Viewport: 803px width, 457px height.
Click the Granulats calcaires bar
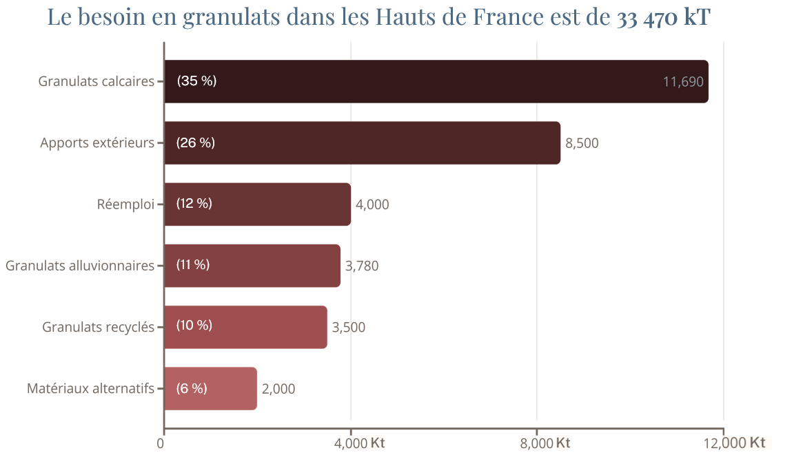pos(436,82)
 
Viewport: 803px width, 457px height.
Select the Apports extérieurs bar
pos(362,143)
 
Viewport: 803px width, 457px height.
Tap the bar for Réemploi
pos(257,204)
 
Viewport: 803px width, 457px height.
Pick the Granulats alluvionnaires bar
pos(252,266)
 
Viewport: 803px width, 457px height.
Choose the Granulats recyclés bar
pos(245,327)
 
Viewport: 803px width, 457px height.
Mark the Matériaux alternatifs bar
pos(210,388)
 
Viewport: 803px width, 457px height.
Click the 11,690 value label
pos(682,82)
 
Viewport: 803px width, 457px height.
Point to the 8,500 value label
pos(582,143)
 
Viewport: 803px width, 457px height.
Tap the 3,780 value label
pos(362,266)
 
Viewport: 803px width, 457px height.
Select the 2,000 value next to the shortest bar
pos(278,389)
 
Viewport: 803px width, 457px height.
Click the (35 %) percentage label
pos(196,81)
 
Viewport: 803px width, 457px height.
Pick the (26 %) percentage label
pos(196,142)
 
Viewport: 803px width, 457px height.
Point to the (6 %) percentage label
pos(192,388)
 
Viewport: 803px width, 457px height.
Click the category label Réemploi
pos(125,204)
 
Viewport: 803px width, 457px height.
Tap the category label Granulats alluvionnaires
pos(80,266)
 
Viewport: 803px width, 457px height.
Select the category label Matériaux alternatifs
pos(90,388)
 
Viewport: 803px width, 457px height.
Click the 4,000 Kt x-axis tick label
pos(359,443)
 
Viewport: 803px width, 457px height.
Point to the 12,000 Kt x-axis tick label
pos(735,443)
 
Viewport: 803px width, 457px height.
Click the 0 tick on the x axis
pos(161,443)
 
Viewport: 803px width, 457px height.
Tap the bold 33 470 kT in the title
pos(664,17)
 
